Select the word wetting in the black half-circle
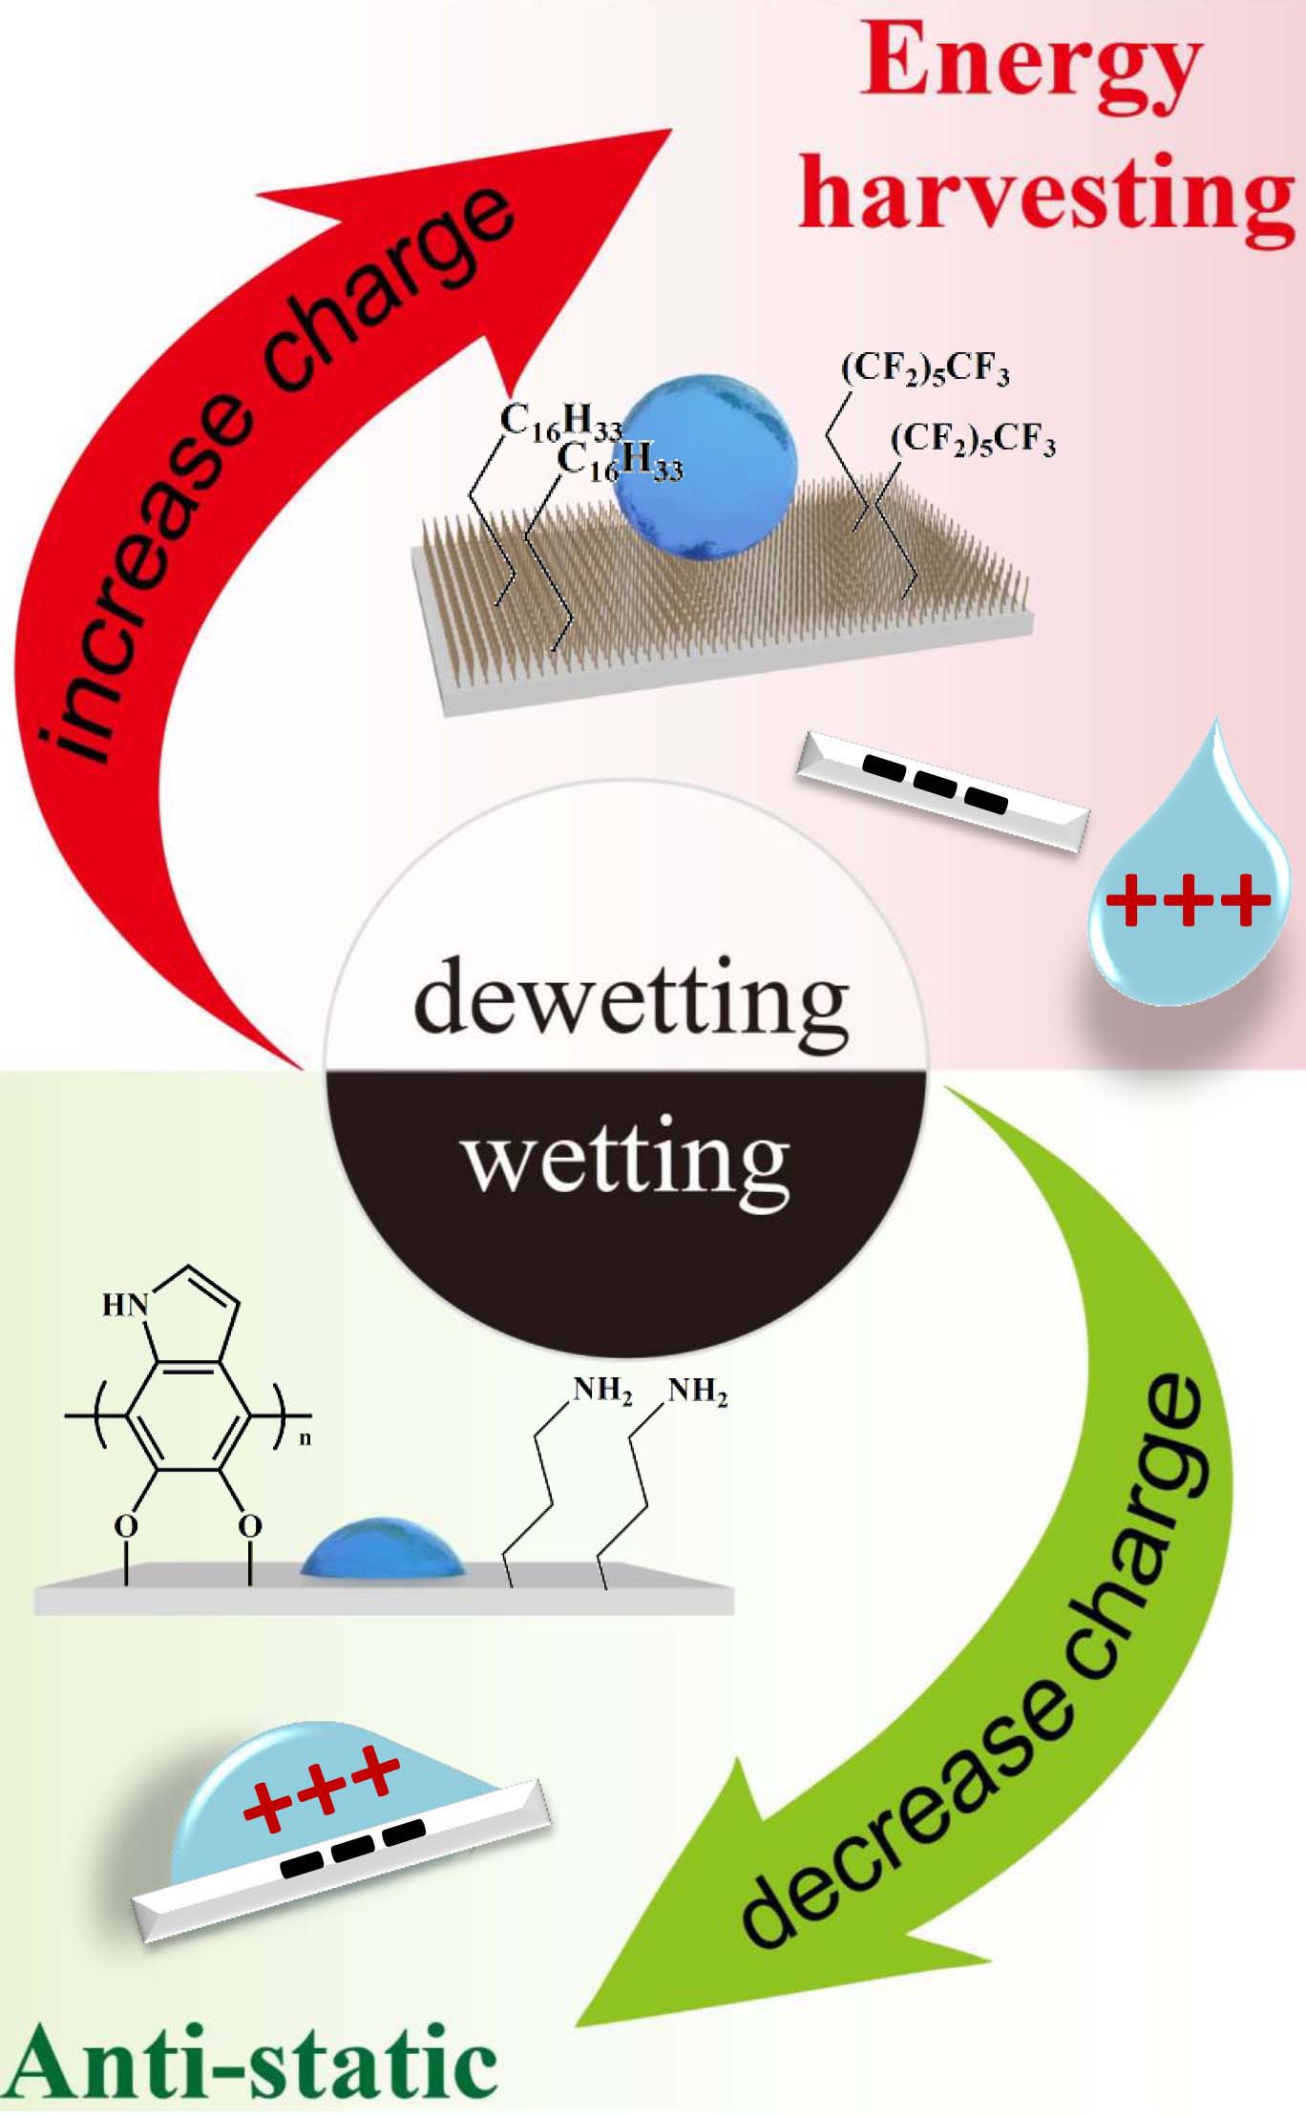pos(626,1160)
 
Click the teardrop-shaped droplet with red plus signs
pos(1189,888)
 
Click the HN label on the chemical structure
pos(125,1304)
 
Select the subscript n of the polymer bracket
pos(305,1437)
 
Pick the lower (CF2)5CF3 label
pos(973,439)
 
